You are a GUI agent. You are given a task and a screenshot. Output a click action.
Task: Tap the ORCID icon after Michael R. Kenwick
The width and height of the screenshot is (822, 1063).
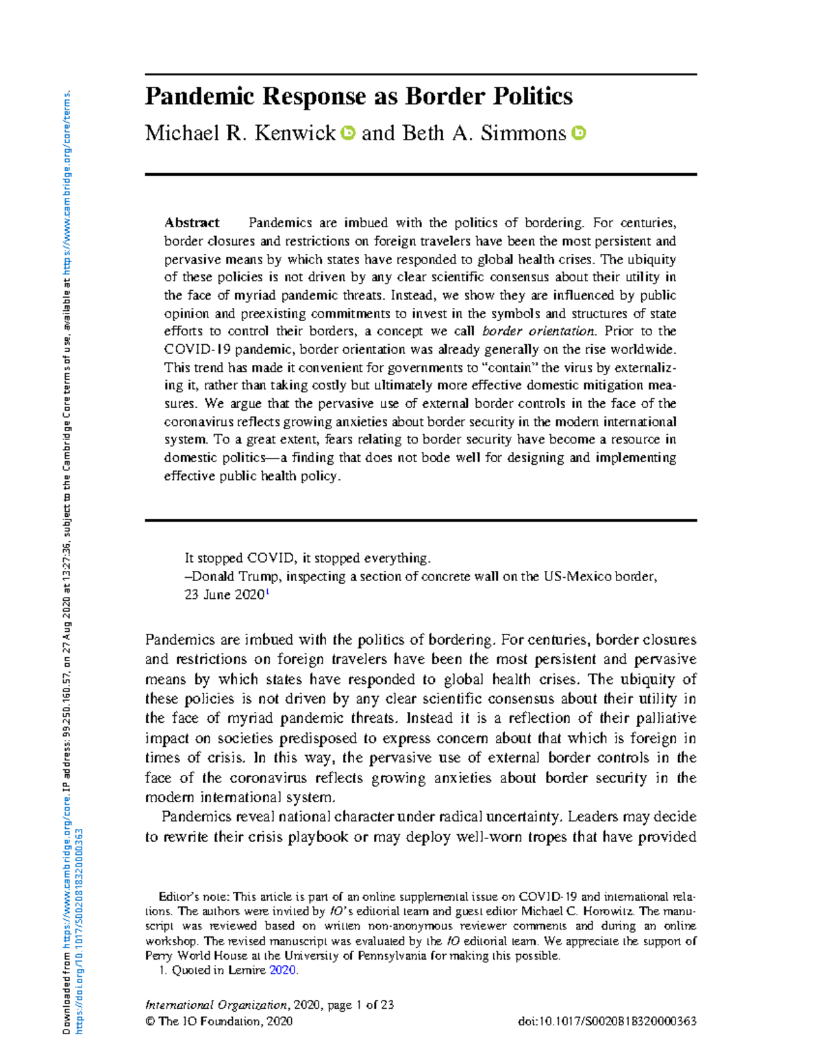coord(348,133)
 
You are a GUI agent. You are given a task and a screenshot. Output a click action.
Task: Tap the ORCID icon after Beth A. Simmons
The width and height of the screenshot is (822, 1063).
coord(579,133)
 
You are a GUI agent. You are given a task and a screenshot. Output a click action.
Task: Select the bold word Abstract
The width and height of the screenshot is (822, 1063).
coord(192,222)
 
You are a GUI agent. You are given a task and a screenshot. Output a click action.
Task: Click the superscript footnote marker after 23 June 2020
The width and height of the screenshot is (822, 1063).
coord(267,592)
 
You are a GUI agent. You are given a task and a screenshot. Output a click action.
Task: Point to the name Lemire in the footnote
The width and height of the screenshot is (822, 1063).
coord(247,970)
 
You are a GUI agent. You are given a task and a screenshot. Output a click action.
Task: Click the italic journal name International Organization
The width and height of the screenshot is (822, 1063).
coord(216,1005)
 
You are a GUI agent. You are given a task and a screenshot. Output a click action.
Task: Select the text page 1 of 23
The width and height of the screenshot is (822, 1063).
coord(360,1005)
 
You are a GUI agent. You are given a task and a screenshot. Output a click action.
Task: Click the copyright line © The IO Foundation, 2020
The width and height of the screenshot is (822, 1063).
coord(219,1021)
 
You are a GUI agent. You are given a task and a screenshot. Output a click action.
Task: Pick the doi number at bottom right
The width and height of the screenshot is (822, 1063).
coord(608,1021)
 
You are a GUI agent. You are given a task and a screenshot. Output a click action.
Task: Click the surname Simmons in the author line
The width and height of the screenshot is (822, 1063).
coord(523,133)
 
